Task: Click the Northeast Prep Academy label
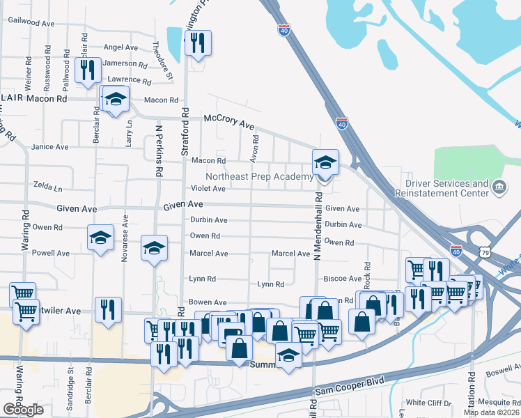point(259,177)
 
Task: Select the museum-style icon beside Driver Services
point(499,187)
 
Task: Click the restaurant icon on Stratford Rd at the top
point(198,43)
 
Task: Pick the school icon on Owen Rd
point(100,238)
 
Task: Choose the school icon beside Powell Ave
point(154,248)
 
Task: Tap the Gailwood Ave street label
point(31,23)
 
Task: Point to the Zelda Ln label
point(48,188)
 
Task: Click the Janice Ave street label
point(50,147)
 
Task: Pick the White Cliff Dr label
point(428,403)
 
